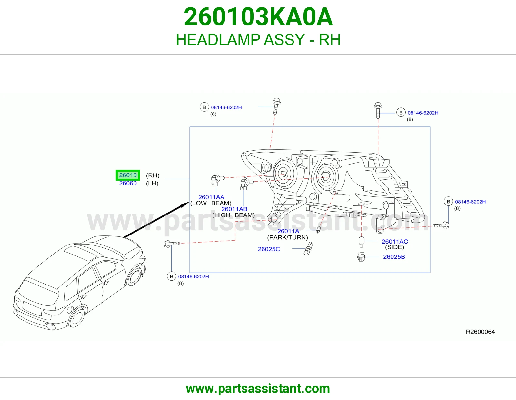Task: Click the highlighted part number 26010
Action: (128, 175)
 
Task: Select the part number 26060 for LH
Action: (128, 183)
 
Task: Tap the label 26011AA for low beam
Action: (211, 197)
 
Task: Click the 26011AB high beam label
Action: (234, 209)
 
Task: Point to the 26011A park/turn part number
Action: (288, 231)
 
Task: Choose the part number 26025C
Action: (269, 249)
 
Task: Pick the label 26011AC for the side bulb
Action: (395, 241)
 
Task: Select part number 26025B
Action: (394, 257)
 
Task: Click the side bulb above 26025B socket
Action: (362, 242)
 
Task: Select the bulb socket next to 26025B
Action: (361, 257)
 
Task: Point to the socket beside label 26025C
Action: (308, 249)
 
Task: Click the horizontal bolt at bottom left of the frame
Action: (172, 244)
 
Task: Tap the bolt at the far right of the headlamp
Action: (441, 225)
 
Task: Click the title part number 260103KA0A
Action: (258, 17)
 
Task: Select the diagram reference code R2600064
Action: (480, 332)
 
